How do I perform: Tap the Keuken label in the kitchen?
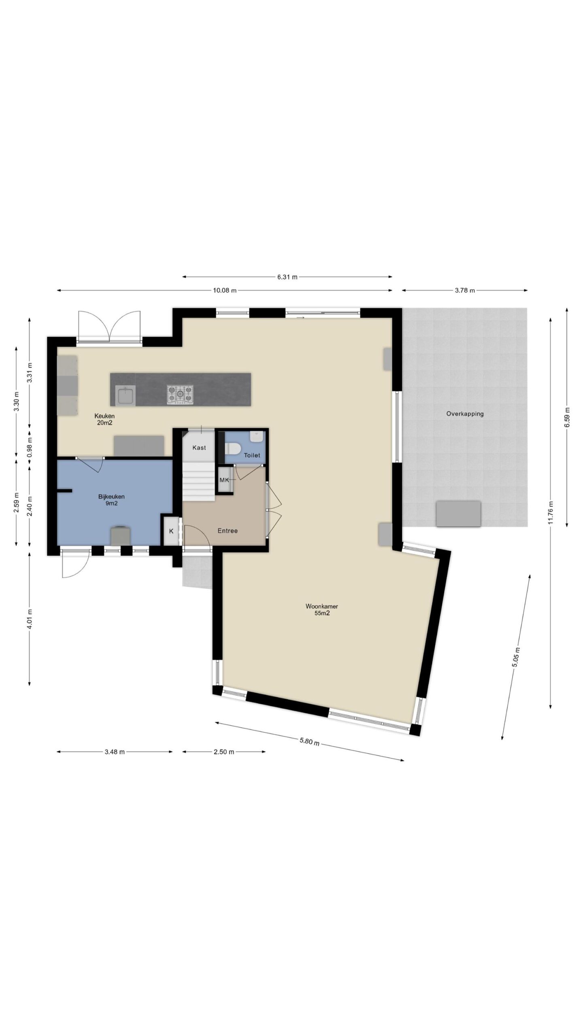coord(104,416)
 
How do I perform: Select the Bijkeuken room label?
coord(111,497)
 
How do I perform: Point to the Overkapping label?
coord(465,414)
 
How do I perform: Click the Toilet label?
coord(252,455)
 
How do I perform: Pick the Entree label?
coord(228,531)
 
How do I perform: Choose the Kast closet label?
coord(199,448)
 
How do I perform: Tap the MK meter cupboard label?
coord(224,480)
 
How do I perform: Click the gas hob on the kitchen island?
coord(180,395)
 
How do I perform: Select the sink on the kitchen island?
coord(126,395)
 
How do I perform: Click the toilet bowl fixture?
coord(233,448)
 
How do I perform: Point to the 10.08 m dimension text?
coord(224,290)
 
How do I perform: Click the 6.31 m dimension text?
coord(287,277)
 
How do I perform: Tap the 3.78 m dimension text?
coord(465,290)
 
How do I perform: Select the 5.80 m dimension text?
coord(310,741)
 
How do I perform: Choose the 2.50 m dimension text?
coord(224,752)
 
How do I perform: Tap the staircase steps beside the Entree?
coord(198,481)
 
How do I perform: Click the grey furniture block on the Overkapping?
coord(458,514)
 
